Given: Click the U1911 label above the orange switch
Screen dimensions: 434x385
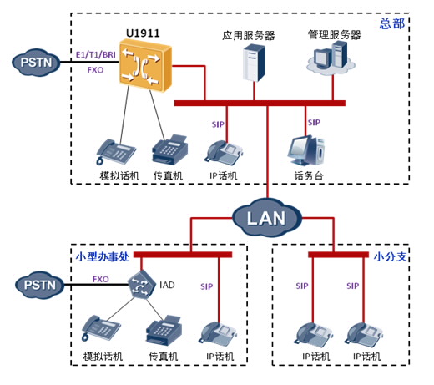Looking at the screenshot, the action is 143,33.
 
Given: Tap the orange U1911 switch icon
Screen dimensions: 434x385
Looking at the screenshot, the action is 145,65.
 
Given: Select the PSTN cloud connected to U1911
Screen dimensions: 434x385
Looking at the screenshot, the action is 36,63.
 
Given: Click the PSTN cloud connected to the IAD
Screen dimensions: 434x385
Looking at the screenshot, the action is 40,285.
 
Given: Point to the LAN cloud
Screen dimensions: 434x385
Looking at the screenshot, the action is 267,218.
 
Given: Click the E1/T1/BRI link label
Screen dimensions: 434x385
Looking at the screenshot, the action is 96,54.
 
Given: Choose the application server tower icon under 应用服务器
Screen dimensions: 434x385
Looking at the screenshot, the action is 254,63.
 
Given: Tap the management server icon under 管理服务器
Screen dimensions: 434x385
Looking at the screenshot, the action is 331,58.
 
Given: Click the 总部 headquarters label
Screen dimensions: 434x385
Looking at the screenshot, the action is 392,23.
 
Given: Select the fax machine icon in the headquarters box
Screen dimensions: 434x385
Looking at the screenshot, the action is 169,150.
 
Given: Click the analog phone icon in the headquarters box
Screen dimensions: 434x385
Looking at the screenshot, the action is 116,152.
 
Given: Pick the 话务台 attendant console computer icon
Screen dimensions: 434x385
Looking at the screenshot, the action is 306,151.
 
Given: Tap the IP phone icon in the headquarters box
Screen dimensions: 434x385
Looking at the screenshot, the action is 224,153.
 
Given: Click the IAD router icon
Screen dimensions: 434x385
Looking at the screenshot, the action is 142,284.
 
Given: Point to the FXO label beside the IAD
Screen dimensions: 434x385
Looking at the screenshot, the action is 101,279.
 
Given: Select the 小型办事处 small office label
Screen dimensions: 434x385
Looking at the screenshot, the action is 103,256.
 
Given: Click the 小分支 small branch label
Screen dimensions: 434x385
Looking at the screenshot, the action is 391,256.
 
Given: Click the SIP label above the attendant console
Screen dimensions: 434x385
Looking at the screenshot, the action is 314,123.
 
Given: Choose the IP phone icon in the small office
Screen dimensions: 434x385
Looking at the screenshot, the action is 217,334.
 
